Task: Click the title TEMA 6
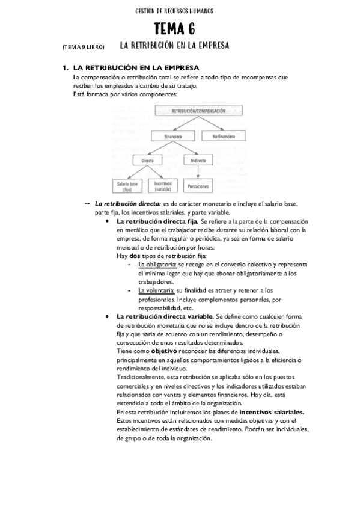(174, 29)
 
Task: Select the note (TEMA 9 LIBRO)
(83, 47)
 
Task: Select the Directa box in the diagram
(147, 161)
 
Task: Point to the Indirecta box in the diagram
(197, 161)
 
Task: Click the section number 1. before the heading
(66, 68)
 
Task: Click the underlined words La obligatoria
(157, 265)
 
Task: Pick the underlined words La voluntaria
(156, 290)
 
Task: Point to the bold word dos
(135, 256)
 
